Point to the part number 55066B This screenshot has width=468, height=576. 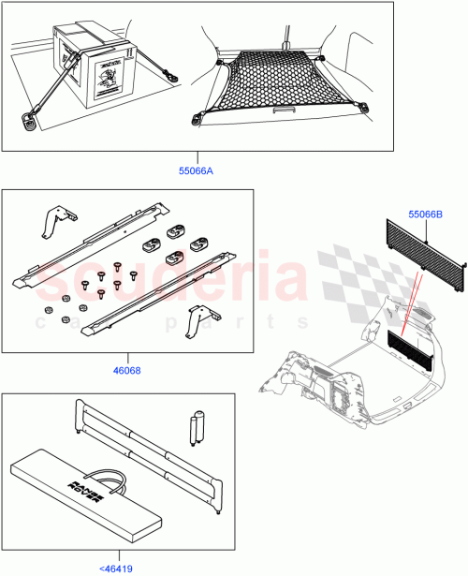(x=426, y=214)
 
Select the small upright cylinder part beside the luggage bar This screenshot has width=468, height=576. (x=197, y=426)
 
